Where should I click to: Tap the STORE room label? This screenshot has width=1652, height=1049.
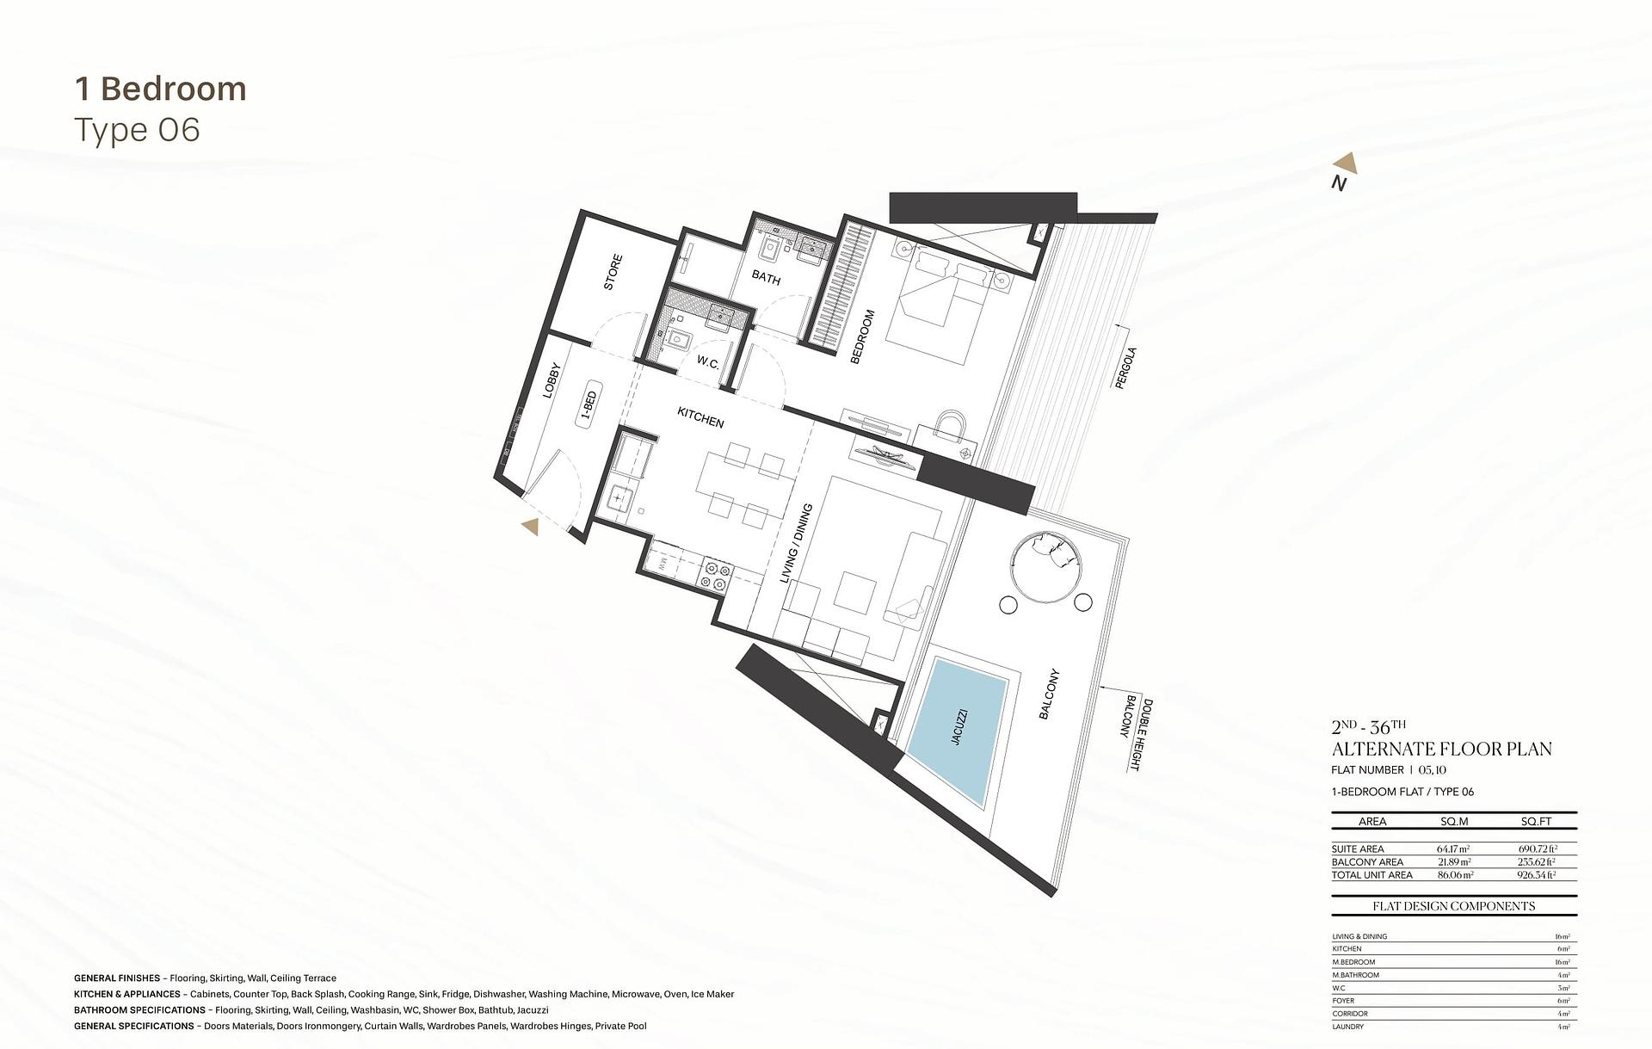point(613,272)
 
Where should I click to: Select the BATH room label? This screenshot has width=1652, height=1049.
point(766,278)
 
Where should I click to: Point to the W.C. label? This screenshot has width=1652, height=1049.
point(708,362)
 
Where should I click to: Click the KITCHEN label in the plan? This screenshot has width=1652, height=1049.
point(700,418)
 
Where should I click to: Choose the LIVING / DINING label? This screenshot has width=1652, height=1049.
point(796,544)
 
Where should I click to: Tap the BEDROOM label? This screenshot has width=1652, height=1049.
point(862,336)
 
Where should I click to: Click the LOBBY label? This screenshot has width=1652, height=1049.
point(552,379)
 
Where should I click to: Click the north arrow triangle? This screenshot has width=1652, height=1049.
point(1347,164)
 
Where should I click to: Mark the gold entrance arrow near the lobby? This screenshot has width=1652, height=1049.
point(530,527)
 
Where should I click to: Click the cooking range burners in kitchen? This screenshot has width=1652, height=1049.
point(716,577)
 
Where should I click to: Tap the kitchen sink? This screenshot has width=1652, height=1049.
point(619,497)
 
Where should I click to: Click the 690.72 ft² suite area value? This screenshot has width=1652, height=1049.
point(1537,848)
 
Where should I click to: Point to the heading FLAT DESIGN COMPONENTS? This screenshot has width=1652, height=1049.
point(1453,906)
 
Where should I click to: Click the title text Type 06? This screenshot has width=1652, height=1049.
point(138,130)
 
